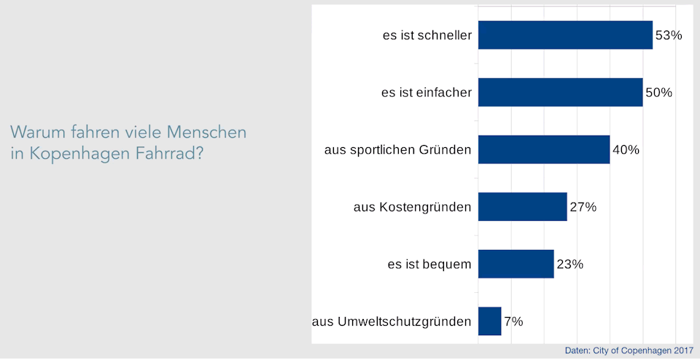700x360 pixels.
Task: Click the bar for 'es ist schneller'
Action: point(565,35)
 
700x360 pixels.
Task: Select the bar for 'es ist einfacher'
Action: point(560,93)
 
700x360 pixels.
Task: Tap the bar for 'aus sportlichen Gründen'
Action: point(543,149)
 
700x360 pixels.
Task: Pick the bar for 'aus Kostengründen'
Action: point(522,207)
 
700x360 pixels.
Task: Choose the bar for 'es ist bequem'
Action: point(516,264)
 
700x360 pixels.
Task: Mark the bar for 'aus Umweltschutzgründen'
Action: point(489,321)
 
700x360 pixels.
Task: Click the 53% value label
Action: point(668,35)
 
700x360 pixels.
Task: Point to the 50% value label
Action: point(658,93)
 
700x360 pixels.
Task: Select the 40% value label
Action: point(626,150)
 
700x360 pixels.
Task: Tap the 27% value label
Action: point(583,207)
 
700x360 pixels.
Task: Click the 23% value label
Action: point(569,265)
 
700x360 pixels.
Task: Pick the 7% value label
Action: point(513,321)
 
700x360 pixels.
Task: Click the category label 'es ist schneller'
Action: point(427,35)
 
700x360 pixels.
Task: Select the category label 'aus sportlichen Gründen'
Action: point(397,150)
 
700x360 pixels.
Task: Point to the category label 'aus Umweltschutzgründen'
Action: point(392,321)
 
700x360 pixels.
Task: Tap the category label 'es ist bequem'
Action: point(429,265)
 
